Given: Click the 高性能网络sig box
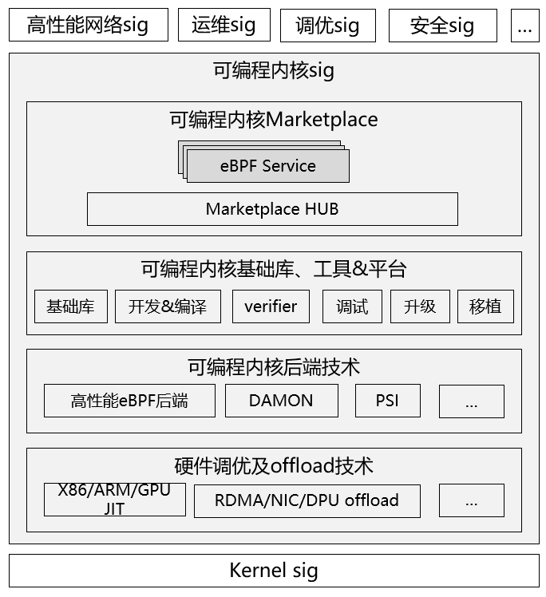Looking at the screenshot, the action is point(88,26).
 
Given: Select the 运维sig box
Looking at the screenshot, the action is point(224,26).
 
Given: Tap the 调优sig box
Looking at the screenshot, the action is point(327,26).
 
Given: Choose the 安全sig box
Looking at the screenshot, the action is point(442,26).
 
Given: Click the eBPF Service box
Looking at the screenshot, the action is point(268,166).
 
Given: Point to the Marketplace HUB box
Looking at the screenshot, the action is point(272,209).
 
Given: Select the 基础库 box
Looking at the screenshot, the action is point(71,306).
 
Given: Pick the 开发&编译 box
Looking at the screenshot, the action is point(168,306).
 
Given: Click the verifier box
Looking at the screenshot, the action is point(271,306).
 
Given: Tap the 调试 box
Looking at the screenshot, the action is point(352,306).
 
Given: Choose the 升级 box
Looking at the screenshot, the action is point(420,306).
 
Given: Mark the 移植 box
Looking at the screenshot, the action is point(485,306).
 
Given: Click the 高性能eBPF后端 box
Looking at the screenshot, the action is point(129,401).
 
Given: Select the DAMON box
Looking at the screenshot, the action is point(281,401).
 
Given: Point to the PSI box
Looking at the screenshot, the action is point(387,401).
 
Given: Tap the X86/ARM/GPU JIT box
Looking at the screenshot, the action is point(115,500).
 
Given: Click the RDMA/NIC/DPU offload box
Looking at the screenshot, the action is point(307,500).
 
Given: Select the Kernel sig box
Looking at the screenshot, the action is point(274,571).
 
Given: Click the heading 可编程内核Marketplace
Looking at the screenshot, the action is point(274,120).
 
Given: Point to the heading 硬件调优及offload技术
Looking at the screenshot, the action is point(274,466).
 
